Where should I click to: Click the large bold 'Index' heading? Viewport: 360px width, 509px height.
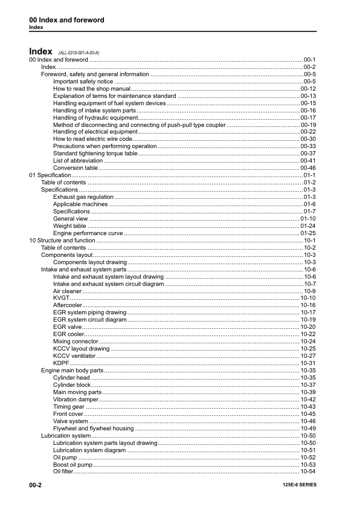[x=42, y=51]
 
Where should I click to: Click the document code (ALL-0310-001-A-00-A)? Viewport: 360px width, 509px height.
[x=79, y=53]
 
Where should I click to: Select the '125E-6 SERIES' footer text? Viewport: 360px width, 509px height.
[x=299, y=485]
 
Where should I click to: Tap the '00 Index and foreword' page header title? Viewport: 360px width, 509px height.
[x=66, y=20]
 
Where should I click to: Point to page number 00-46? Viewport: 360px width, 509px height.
[x=308, y=167]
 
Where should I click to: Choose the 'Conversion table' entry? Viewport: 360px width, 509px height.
[x=76, y=167]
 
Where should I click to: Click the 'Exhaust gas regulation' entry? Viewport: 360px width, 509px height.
[x=83, y=196]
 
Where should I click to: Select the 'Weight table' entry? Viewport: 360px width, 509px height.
[x=69, y=225]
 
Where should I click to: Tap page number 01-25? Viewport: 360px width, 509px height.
[x=308, y=233]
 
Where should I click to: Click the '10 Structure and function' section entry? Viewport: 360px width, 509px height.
[x=62, y=240]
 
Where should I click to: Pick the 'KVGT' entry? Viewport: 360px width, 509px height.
[x=61, y=298]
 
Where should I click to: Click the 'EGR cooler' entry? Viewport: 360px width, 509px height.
[x=68, y=334]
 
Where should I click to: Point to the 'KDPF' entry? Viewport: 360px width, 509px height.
[x=61, y=363]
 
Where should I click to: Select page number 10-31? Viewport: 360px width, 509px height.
[x=308, y=363]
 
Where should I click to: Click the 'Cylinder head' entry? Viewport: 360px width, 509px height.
[x=71, y=377]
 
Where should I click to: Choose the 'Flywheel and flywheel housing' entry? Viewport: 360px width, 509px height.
[x=94, y=428]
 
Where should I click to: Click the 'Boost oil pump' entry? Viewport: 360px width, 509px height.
[x=73, y=464]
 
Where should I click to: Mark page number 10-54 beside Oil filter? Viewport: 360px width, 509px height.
[x=308, y=471]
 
